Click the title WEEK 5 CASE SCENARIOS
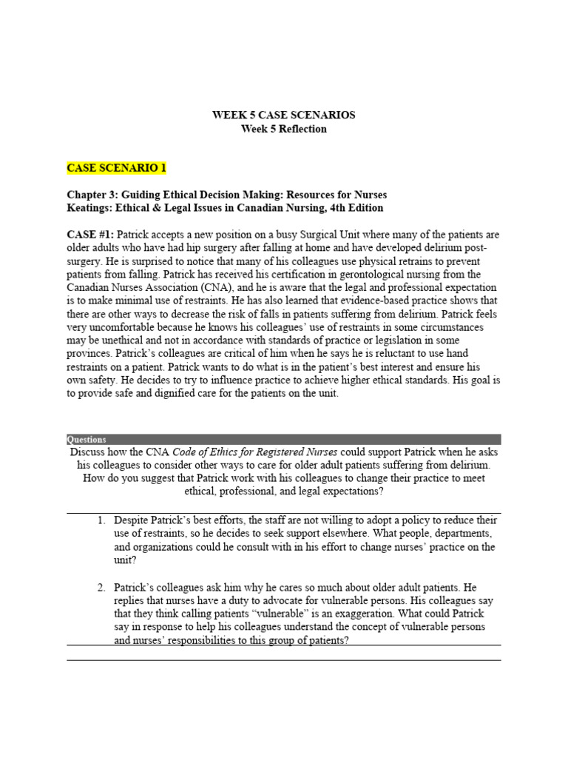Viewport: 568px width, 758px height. click(x=283, y=115)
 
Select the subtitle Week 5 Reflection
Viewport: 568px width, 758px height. click(x=283, y=129)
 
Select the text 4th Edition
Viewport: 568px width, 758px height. click(x=354, y=208)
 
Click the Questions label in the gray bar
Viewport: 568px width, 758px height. click(x=87, y=439)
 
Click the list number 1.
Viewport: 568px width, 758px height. click(x=101, y=520)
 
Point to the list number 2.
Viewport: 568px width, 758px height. click(x=101, y=587)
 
